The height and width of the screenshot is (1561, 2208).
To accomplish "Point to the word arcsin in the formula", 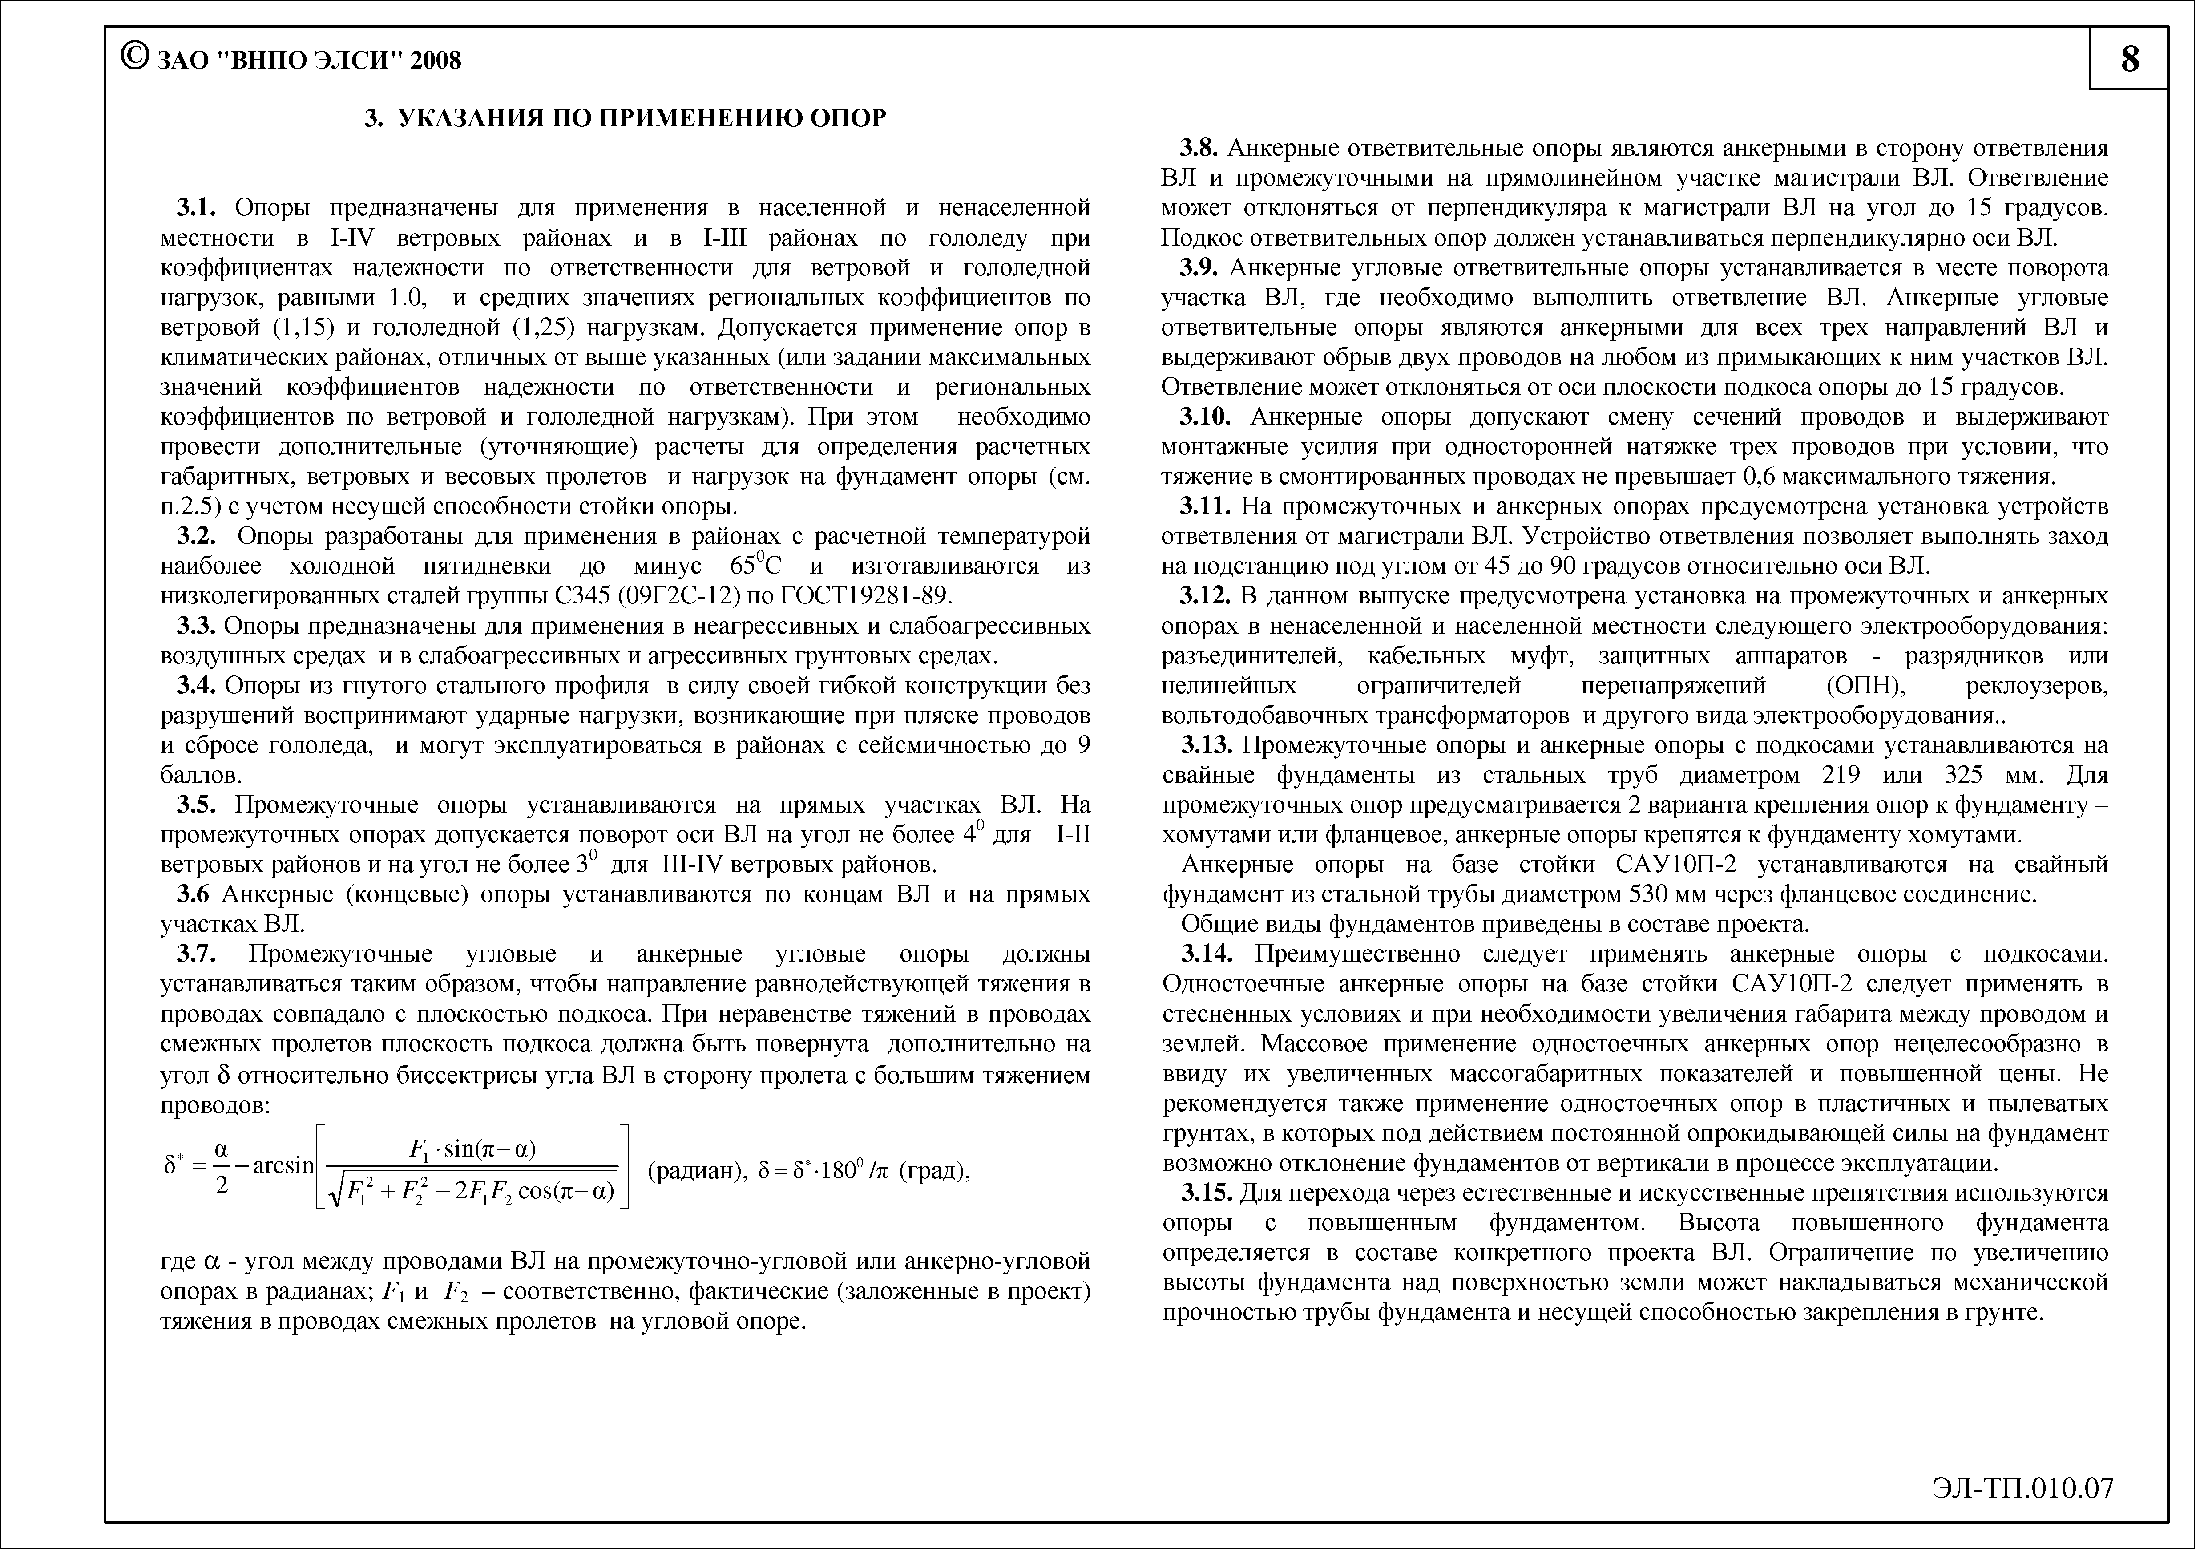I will pyautogui.click(x=284, y=1166).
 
